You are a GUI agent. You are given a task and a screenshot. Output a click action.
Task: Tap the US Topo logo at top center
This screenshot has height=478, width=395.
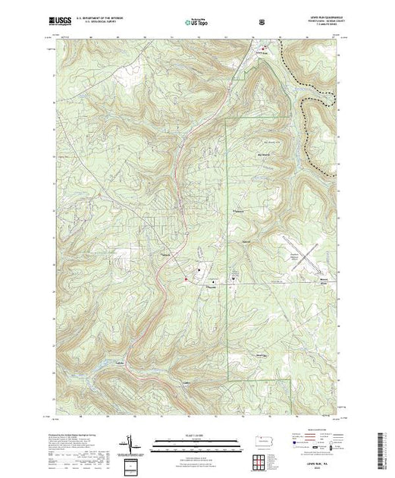(197, 22)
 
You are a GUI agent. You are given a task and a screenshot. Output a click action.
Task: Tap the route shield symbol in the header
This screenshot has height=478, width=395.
(262, 22)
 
